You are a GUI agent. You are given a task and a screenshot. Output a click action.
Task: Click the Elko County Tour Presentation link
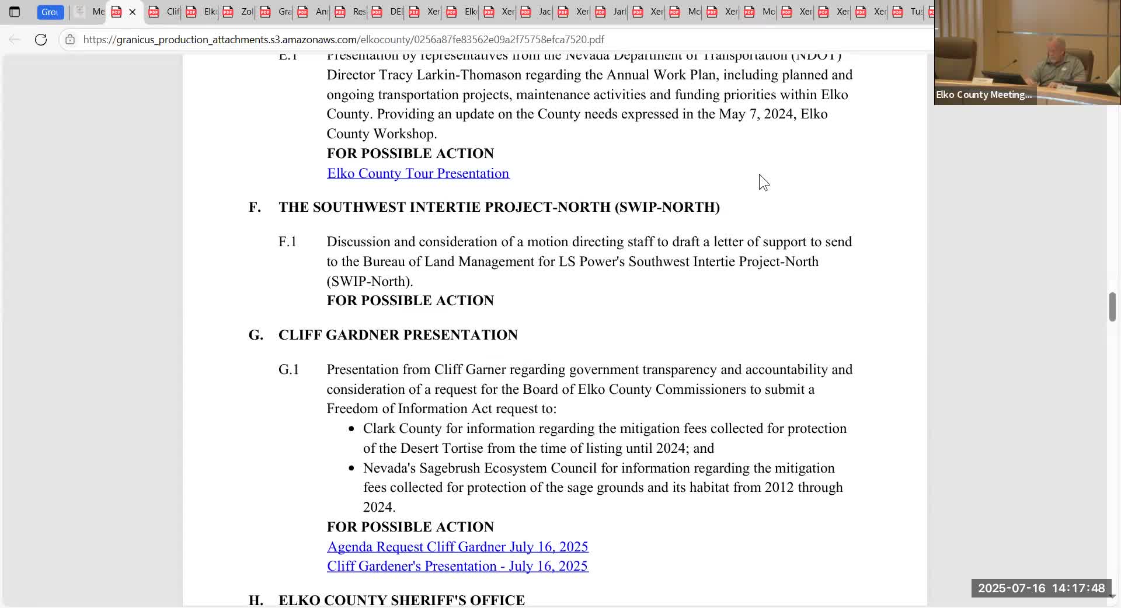418,173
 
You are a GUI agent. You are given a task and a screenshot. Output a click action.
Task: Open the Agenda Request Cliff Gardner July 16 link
457,547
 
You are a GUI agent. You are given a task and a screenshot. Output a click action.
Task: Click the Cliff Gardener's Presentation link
457,566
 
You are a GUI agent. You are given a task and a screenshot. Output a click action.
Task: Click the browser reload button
41,40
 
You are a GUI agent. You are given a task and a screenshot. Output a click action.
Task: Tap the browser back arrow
15,40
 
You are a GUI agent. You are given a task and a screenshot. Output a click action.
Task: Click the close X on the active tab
133,12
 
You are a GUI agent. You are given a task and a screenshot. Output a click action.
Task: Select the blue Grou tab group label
50,12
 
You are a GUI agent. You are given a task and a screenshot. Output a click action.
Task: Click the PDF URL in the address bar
343,40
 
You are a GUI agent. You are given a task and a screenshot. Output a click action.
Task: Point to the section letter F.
255,207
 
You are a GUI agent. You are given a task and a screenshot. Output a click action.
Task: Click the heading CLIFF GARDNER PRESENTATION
398,335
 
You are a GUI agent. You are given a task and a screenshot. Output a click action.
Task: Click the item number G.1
288,370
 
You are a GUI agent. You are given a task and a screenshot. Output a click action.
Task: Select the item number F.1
287,242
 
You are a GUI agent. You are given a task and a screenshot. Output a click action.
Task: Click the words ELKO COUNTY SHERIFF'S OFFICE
401,600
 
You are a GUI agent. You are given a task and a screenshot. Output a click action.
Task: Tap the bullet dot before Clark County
351,429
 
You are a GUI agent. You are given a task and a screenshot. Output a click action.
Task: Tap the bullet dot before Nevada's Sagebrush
351,469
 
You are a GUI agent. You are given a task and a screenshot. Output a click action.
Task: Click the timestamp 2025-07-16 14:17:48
1041,588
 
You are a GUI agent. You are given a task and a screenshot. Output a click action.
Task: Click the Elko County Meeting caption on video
983,95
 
